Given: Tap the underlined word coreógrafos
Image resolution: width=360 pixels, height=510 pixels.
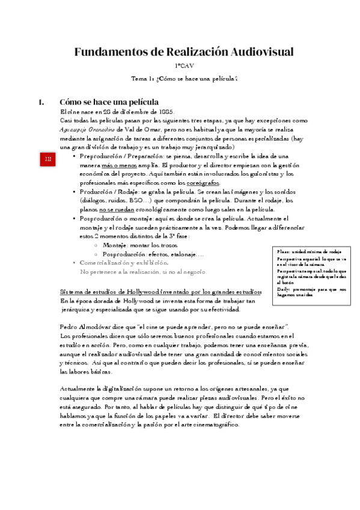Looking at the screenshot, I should [x=203, y=183].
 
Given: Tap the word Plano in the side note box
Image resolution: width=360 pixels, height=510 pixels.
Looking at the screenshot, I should [x=282, y=251].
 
